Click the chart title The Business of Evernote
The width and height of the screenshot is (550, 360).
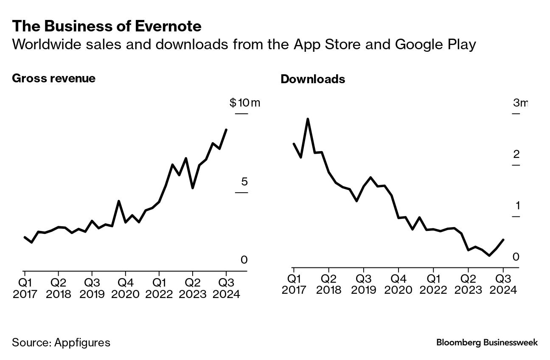pos(107,26)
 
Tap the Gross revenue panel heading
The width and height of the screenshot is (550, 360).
pos(53,79)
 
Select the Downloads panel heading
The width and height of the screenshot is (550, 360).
pos(313,79)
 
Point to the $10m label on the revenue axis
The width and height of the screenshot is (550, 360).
pos(244,103)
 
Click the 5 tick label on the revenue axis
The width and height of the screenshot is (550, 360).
pos(244,182)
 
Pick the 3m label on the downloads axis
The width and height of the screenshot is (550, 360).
pos(520,103)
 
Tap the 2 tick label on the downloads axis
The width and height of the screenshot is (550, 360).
pos(516,154)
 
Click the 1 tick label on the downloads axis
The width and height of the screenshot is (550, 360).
pos(517,206)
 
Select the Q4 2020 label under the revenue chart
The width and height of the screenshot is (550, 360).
pos(126,289)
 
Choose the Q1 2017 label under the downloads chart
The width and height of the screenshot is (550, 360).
pos(293,284)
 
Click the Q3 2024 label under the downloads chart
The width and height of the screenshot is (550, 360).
pos(503,284)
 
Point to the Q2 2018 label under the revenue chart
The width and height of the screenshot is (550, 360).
pos(59,289)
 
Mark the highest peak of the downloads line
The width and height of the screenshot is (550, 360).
pos(308,119)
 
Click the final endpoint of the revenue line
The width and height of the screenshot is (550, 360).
pos(226,130)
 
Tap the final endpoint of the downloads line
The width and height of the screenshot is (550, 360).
pos(503,240)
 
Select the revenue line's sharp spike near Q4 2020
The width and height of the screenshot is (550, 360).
pos(119,201)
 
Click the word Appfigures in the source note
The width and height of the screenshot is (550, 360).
pos(82,343)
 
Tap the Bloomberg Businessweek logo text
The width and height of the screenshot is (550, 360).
pos(487,343)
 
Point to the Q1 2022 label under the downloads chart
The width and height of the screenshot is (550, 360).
pos(433,284)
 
